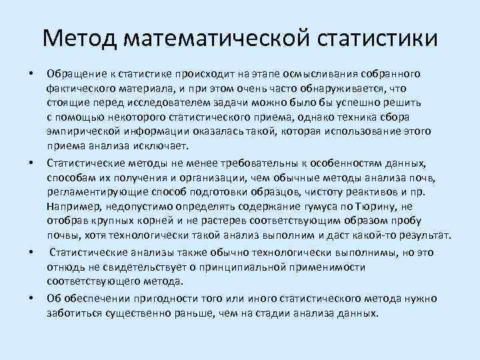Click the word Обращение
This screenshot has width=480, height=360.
74,72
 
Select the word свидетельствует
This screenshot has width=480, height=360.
132,267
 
